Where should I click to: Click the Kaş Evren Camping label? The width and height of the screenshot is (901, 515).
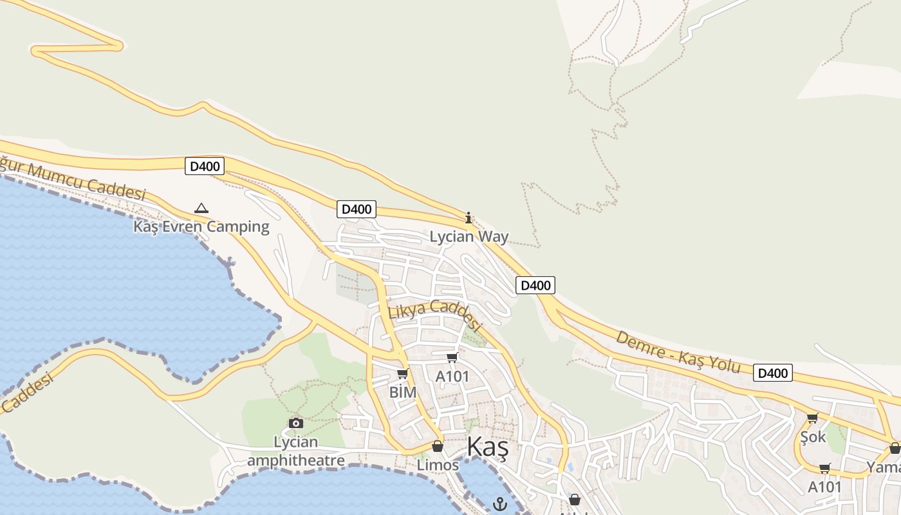coord(201,227)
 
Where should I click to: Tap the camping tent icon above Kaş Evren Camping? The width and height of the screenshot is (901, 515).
coord(201,208)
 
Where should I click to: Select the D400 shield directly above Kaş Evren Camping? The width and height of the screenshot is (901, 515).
coord(205,166)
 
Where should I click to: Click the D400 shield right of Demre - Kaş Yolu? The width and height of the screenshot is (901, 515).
coord(772,373)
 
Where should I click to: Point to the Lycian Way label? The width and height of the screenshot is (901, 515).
coord(469,237)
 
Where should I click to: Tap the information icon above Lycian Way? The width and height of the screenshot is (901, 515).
coord(469,218)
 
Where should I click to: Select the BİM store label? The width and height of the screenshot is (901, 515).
coord(403,392)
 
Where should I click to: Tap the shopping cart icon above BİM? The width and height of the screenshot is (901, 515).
coord(403,373)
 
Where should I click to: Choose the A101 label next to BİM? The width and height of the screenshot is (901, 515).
coord(452,376)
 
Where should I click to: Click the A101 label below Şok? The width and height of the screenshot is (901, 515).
coord(824,487)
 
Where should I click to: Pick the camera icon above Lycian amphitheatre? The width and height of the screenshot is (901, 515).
coord(296,423)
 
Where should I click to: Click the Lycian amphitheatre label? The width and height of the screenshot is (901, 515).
coord(296,451)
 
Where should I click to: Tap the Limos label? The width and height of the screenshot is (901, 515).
coord(438,465)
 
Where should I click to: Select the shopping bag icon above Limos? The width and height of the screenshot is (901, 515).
coord(438,446)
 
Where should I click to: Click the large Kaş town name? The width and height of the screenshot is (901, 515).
coord(487,447)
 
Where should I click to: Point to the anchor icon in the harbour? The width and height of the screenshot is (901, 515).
coord(499,503)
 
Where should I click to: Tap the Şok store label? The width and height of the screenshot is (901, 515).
coord(813,436)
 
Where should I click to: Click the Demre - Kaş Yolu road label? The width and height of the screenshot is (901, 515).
coord(678,352)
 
